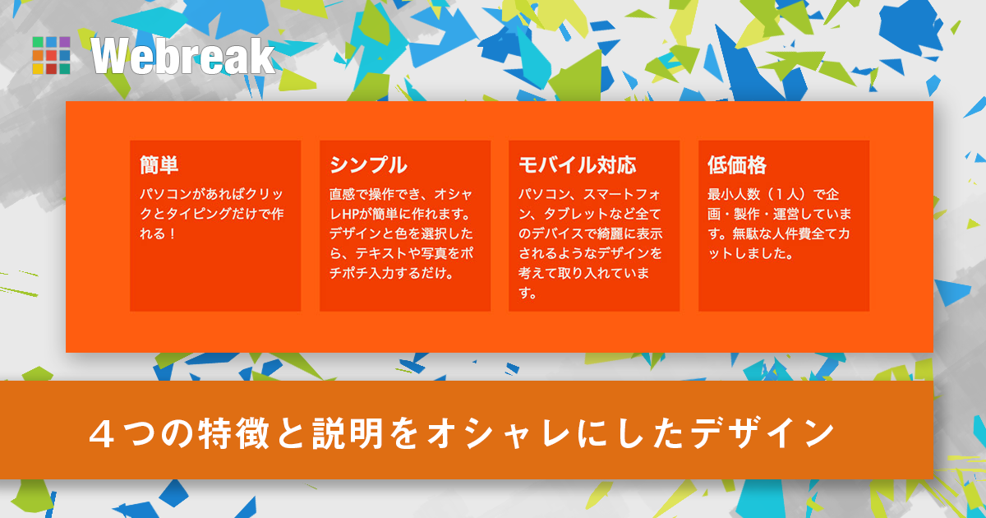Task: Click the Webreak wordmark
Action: [x=182, y=56]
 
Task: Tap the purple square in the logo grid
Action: [x=65, y=43]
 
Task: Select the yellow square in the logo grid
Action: [x=38, y=69]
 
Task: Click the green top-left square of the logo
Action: [x=38, y=43]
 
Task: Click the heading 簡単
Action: [x=159, y=165]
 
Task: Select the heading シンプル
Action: [x=368, y=165]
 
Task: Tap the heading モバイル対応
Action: [x=577, y=165]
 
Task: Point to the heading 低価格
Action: [x=737, y=165]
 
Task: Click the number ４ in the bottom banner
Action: [x=102, y=433]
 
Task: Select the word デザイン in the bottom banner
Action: [x=762, y=433]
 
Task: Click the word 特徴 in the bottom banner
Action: [x=233, y=433]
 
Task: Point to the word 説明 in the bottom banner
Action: [x=348, y=433]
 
